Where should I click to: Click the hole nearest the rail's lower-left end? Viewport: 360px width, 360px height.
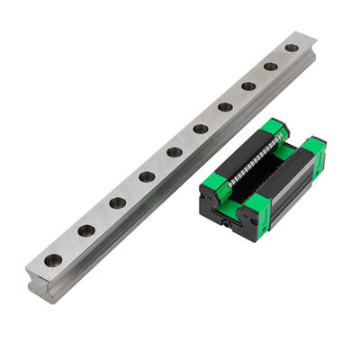click(x=53, y=260)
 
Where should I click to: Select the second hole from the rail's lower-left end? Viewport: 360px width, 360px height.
click(x=85, y=230)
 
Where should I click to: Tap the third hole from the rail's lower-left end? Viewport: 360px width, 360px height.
click(x=117, y=202)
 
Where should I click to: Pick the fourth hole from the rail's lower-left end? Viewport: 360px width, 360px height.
click(x=147, y=176)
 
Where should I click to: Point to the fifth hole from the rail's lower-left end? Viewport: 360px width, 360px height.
click(x=175, y=152)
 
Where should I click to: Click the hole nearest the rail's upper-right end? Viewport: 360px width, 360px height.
click(x=291, y=48)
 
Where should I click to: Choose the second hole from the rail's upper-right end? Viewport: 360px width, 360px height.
click(x=270, y=67)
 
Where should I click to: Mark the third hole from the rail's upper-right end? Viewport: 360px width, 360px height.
click(x=247, y=86)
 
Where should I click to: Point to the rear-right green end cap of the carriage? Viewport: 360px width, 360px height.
click(x=313, y=148)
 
